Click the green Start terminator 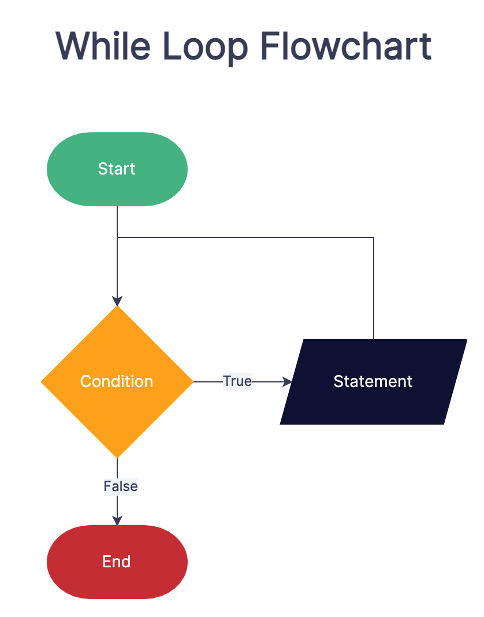117,169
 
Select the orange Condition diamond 117,404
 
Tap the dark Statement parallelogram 373,404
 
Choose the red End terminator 117,562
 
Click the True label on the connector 237,381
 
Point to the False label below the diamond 121,486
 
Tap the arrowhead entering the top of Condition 117,301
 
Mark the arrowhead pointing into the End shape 117,521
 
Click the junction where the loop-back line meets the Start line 117,237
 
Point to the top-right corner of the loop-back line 374,237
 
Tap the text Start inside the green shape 117,169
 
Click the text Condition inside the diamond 117,381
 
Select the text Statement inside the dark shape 373,381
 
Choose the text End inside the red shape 117,562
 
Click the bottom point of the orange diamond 117,456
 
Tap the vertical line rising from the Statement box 374,289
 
